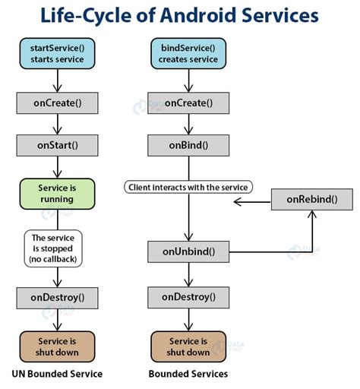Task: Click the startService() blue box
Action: [58, 54]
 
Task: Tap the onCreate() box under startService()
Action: [58, 102]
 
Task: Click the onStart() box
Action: [58, 144]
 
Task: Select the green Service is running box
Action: [58, 193]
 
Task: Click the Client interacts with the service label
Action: [188, 186]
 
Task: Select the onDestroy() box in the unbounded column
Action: [58, 297]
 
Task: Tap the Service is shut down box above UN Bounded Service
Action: [58, 346]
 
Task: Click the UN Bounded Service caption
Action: [57, 375]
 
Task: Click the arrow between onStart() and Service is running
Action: [58, 168]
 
